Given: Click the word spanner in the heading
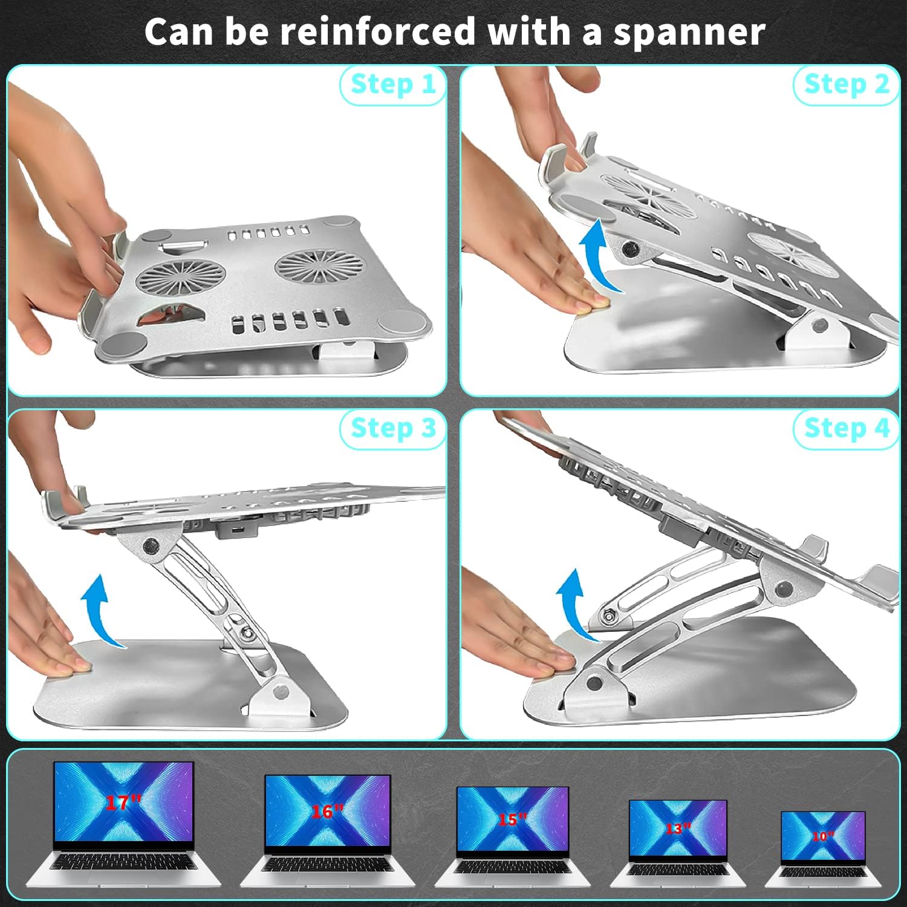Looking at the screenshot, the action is (689, 33).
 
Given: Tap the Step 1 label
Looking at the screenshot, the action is (393, 84).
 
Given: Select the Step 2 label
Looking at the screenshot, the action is (847, 84).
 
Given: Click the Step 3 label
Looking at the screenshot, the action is (393, 428).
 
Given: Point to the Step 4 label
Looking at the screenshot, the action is (847, 428).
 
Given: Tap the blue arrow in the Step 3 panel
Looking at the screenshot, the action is (100, 611).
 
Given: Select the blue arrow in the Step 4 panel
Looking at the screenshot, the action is (574, 605).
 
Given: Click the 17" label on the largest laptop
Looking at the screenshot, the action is (123, 802).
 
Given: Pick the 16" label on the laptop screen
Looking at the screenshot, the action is (327, 811).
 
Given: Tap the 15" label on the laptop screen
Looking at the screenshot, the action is (512, 819).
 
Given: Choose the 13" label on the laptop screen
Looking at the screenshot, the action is (677, 828).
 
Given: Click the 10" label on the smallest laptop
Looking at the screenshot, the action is (822, 836).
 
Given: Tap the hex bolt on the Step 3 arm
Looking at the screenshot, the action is (247, 632).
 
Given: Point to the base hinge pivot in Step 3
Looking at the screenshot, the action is (279, 690).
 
